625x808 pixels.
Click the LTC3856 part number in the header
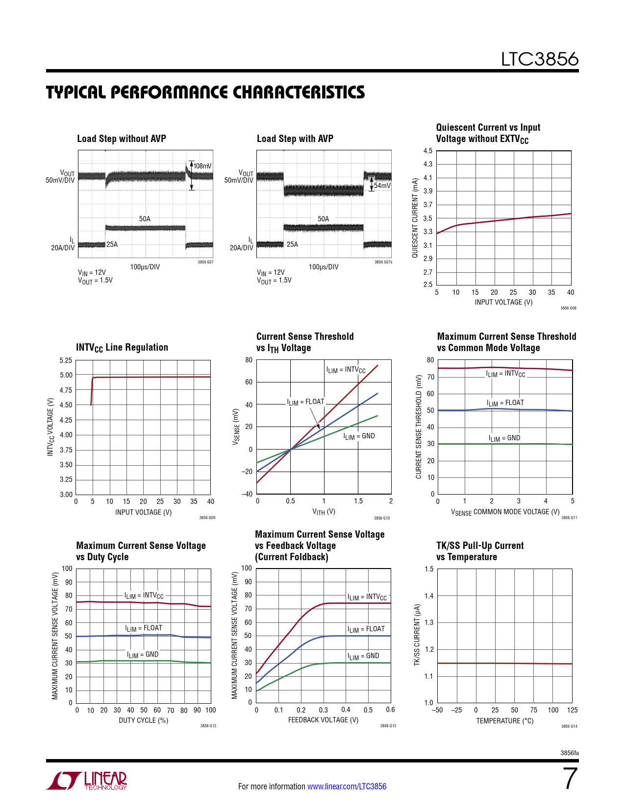tap(539, 59)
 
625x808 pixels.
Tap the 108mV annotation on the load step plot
tap(202, 166)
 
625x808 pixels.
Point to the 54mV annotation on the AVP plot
tap(382, 186)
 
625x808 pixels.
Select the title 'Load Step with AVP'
tap(295, 139)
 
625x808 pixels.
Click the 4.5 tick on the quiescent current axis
tap(428, 151)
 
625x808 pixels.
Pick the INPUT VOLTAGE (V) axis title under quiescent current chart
tap(503, 302)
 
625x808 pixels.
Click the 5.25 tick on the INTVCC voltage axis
tap(66, 360)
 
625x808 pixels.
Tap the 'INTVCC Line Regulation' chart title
tap(122, 347)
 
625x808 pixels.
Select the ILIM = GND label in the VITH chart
tap(359, 436)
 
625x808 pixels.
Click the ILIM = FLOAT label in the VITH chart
tap(305, 402)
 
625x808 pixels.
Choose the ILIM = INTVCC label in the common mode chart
tap(505, 374)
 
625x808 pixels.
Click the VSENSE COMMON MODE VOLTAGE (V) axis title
tap(505, 512)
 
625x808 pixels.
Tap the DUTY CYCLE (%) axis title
tap(143, 720)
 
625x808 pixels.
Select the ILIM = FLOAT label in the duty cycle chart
tap(144, 628)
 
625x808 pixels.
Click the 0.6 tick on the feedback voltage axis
tap(390, 710)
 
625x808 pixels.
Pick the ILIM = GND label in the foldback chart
tap(363, 656)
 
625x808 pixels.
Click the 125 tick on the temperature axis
tap(572, 710)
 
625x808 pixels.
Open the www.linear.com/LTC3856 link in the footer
tap(347, 786)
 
